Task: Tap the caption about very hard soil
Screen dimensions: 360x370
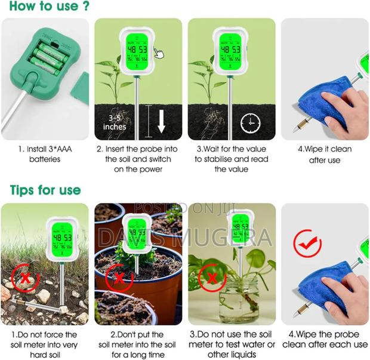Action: point(44,343)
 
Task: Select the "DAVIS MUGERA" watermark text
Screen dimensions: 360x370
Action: point(185,237)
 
